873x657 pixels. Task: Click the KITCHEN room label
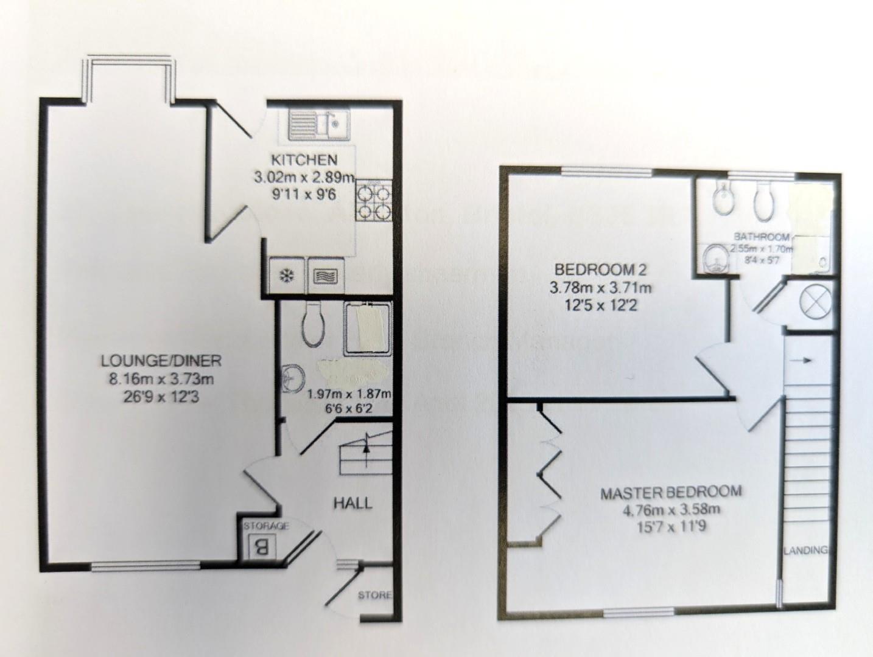point(304,160)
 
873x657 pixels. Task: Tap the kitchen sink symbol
point(314,125)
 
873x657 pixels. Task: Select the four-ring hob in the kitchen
point(374,201)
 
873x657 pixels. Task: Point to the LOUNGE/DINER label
point(161,361)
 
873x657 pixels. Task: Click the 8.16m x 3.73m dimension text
point(161,380)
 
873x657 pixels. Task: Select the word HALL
point(352,503)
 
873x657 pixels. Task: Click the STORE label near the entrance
point(374,594)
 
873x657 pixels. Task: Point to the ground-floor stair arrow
point(366,446)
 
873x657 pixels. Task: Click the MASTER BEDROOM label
point(671,492)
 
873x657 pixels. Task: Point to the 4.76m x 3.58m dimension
point(671,510)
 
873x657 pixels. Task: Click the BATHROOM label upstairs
point(761,237)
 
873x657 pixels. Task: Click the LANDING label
point(805,551)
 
